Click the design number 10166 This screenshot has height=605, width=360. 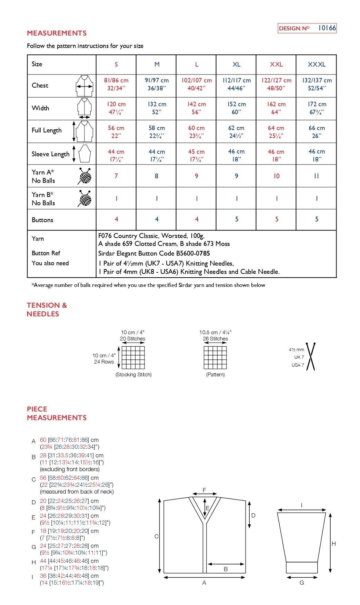click(x=327, y=28)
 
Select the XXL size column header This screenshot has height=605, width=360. click(x=276, y=65)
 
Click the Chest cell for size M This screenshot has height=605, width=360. click(x=157, y=84)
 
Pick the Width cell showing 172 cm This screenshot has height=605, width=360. click(x=317, y=108)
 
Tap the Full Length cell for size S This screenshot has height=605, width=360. click(x=116, y=131)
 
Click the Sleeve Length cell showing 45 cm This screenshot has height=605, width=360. click(x=196, y=155)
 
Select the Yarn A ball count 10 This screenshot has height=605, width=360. click(x=276, y=176)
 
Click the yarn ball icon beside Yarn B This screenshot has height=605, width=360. click(x=85, y=199)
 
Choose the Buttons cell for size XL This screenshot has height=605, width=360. click(x=237, y=219)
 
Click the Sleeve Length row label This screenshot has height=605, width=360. click(x=50, y=154)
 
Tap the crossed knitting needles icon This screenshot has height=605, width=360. click(x=311, y=357)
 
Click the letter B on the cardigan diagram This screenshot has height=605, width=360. click(x=226, y=569)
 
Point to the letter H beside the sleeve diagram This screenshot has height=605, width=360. click(x=333, y=544)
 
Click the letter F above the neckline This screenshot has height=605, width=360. click(x=204, y=490)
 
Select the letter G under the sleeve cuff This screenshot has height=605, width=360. click(x=302, y=583)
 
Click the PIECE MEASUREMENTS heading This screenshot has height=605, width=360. click(x=57, y=413)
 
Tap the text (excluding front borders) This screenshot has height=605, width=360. click(x=70, y=469)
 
